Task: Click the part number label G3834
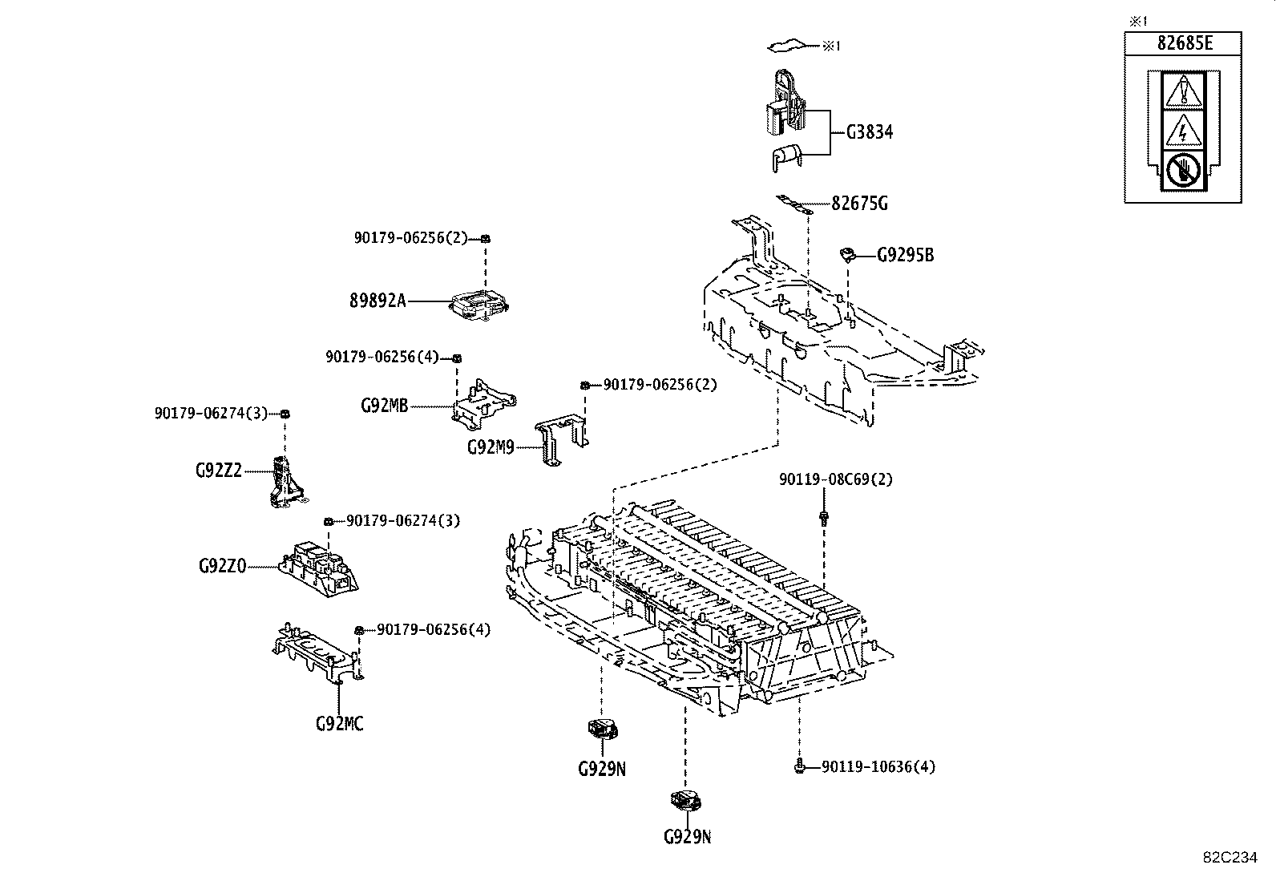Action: [x=869, y=132]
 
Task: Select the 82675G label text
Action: [x=859, y=204]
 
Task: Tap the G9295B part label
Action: [x=905, y=256]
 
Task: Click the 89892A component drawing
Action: [x=479, y=306]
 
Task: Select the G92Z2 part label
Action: [x=218, y=471]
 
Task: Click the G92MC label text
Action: [x=339, y=724]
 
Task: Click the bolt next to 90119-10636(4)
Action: [x=799, y=767]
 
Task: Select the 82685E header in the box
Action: [x=1184, y=43]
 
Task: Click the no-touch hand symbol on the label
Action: [x=1181, y=170]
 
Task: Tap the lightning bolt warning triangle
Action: [x=1181, y=129]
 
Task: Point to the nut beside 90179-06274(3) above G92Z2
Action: [x=285, y=414]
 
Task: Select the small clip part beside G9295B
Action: [x=848, y=255]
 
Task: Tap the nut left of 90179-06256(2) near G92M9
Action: [x=585, y=386]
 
